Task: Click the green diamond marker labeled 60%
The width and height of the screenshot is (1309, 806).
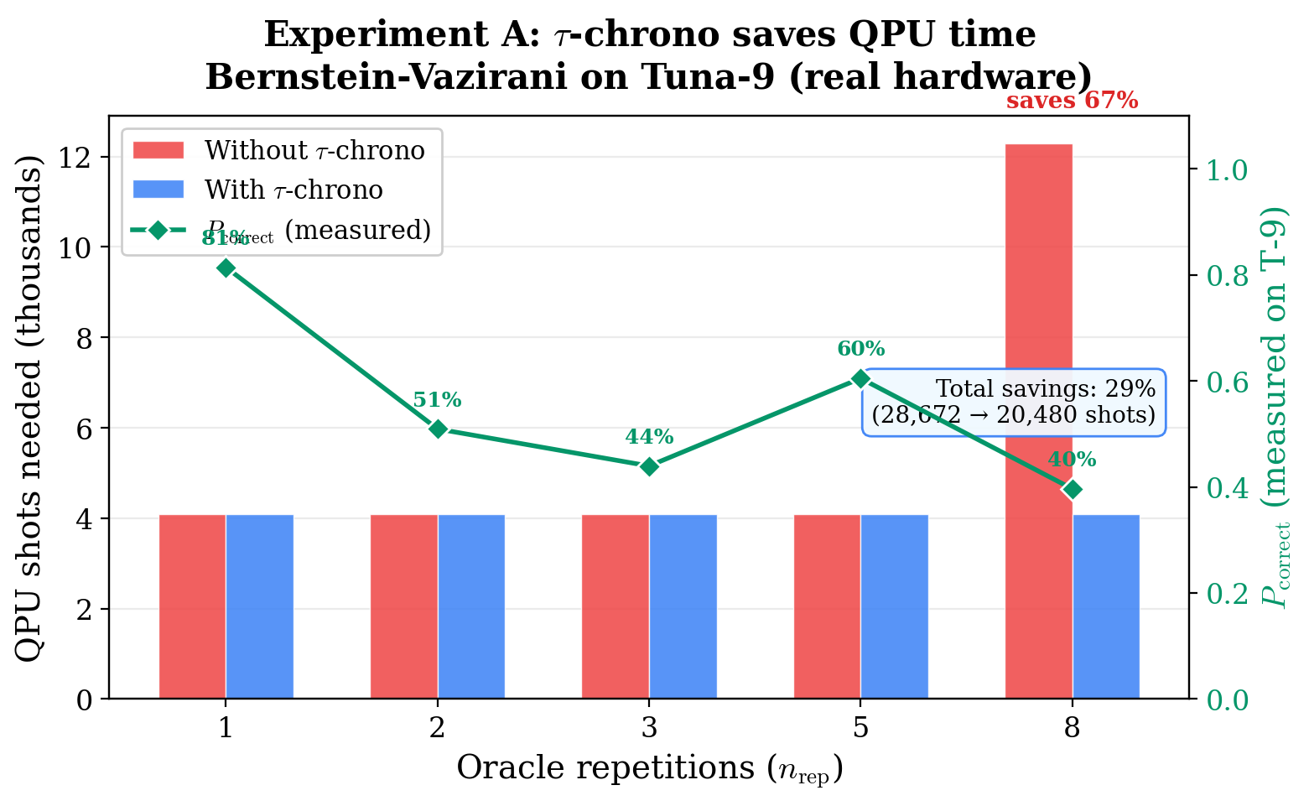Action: (860, 379)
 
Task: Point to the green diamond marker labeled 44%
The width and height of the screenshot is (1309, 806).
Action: (649, 466)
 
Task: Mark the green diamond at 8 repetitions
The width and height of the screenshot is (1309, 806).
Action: (1072, 489)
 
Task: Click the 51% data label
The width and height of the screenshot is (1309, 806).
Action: (437, 400)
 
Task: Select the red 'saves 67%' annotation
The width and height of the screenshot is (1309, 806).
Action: (1072, 101)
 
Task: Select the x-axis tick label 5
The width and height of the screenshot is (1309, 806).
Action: (860, 727)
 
